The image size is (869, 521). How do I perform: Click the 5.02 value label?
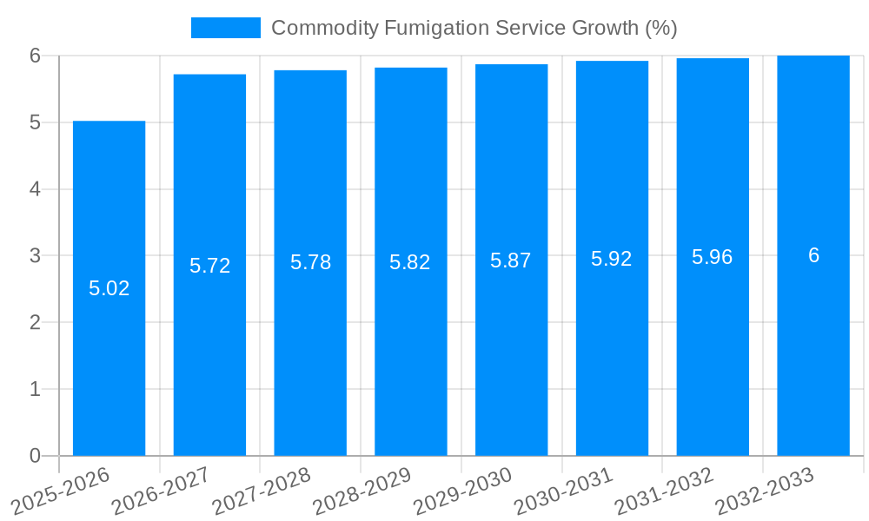[109, 288]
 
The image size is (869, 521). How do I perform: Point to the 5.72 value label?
[210, 266]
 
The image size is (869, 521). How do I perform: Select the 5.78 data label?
[310, 262]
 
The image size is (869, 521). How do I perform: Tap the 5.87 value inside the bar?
[511, 260]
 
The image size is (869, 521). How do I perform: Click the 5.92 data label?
[612, 259]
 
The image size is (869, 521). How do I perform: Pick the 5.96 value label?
[713, 257]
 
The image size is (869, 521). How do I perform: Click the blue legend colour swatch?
[226, 28]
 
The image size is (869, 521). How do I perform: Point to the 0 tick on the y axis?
[35, 456]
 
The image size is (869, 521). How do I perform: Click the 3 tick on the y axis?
[35, 256]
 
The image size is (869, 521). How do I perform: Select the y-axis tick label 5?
[35, 122]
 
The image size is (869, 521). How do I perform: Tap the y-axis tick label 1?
[35, 389]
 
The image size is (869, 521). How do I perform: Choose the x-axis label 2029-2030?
[463, 490]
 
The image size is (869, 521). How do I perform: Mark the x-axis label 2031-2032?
[664, 490]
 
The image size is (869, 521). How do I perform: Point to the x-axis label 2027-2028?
[262, 490]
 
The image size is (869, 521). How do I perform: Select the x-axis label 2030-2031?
[564, 490]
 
